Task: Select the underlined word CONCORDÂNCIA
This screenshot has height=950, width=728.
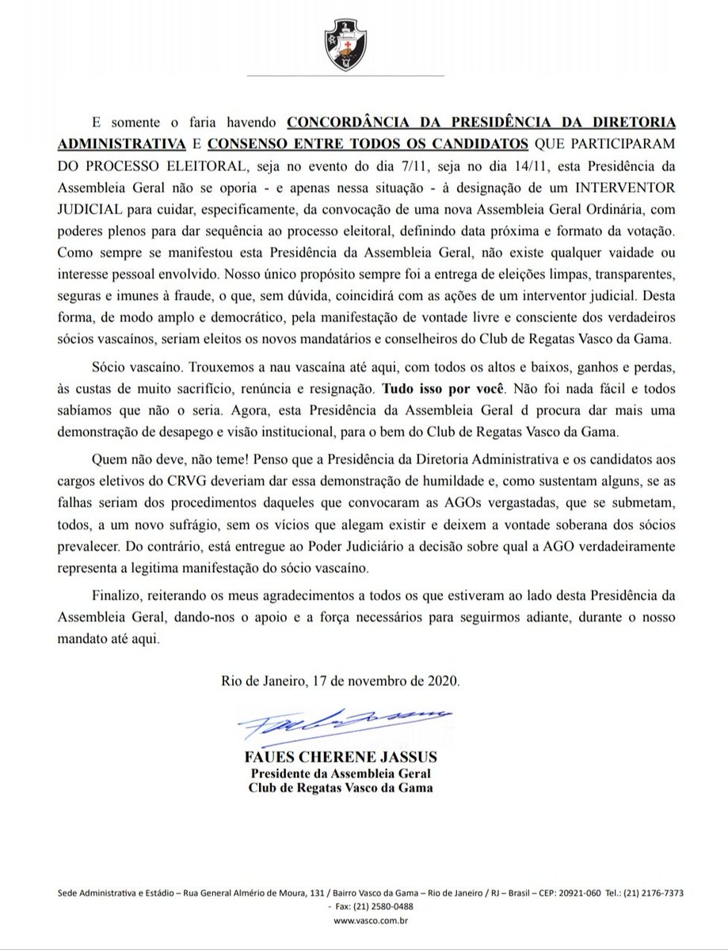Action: (349, 124)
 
